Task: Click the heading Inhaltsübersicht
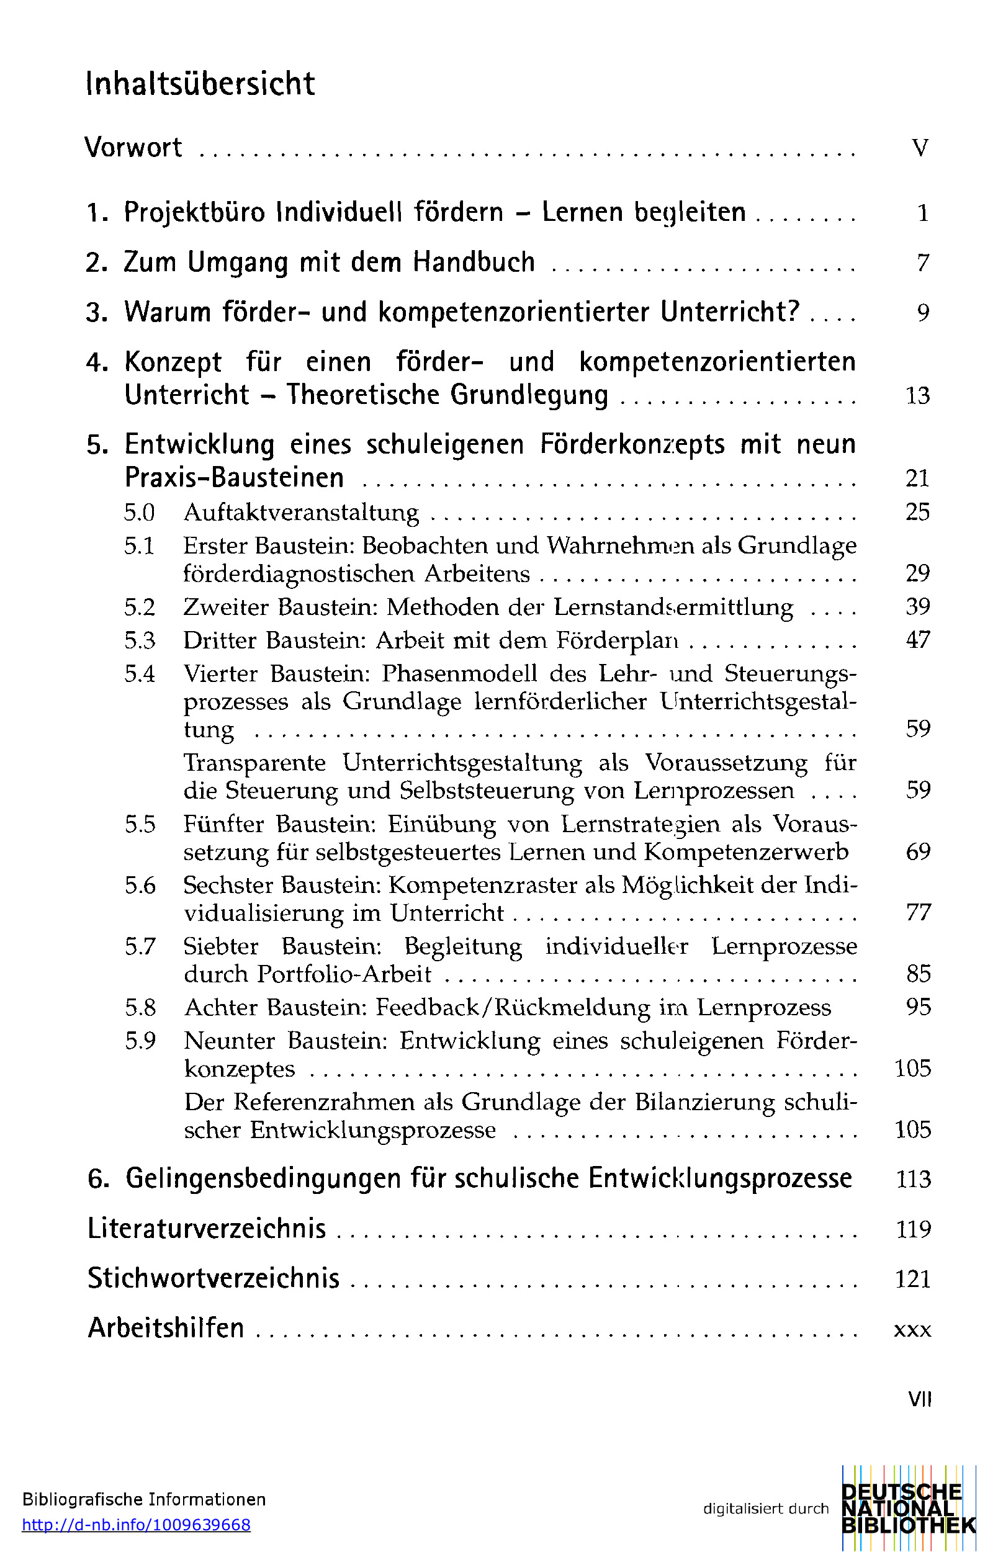click(x=200, y=84)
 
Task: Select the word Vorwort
click(x=133, y=148)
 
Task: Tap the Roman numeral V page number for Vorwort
click(x=920, y=148)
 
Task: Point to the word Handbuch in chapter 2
click(x=474, y=262)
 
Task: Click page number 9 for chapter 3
click(x=923, y=313)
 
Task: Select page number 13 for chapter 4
click(x=918, y=396)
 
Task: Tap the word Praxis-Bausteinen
click(x=234, y=478)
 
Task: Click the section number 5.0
click(x=139, y=513)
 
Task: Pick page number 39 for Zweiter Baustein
click(x=918, y=607)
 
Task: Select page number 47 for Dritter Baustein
click(x=918, y=640)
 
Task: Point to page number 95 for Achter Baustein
click(x=919, y=1007)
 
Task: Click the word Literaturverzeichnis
click(x=207, y=1229)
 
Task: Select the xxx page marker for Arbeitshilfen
click(x=912, y=1330)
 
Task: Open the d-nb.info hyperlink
click(x=136, y=1525)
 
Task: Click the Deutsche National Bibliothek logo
click(x=908, y=1508)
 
